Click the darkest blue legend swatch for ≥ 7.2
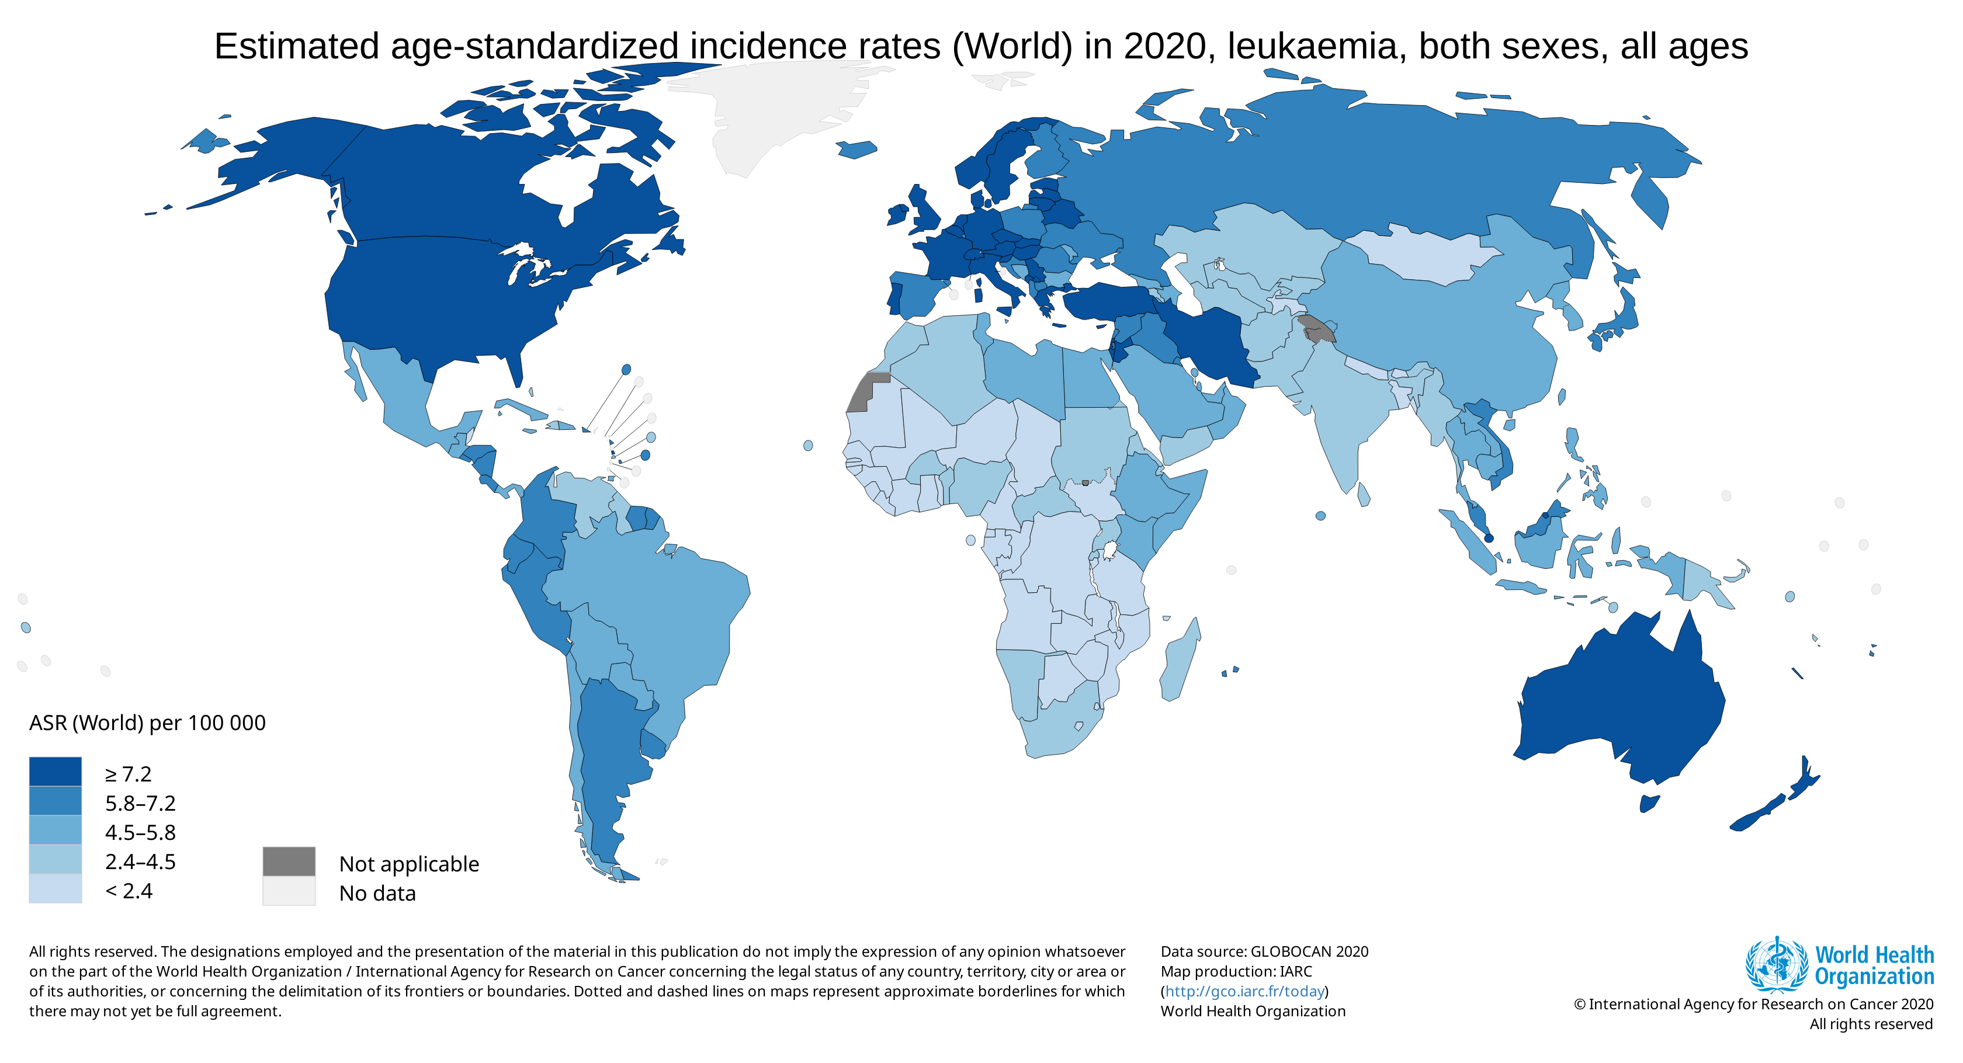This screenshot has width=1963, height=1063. (55, 771)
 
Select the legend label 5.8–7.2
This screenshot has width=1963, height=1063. (140, 803)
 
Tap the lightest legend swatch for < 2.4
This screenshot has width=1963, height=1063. (55, 888)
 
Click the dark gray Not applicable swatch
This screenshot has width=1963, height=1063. (289, 861)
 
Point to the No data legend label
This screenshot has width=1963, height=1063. (377, 893)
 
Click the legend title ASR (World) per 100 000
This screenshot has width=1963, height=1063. (147, 722)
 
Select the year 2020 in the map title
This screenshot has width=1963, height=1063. (1164, 47)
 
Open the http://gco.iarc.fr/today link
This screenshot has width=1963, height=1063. (1244, 991)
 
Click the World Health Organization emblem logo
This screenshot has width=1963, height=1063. (1776, 965)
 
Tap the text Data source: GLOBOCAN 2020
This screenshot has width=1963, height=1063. (1264, 952)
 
